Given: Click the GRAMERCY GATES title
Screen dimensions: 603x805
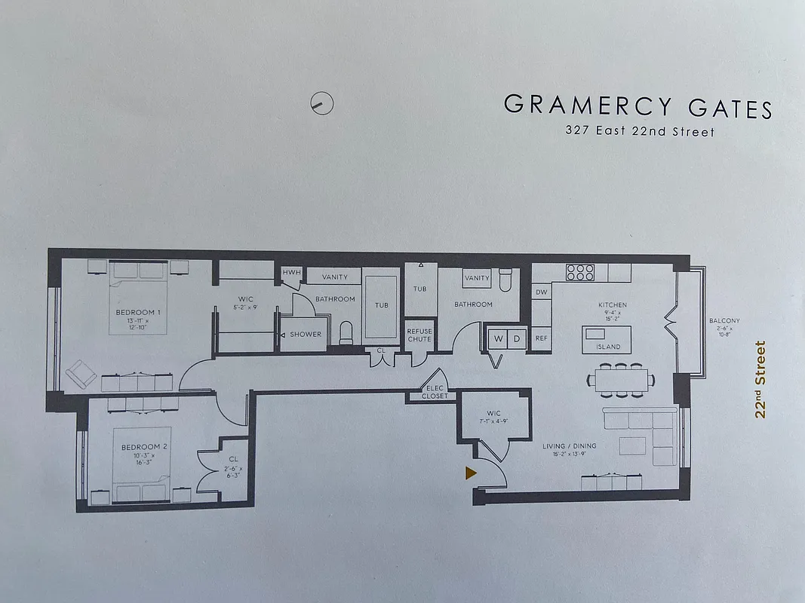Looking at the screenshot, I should coord(638,106).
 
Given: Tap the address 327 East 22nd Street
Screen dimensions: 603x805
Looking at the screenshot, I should coord(639,131).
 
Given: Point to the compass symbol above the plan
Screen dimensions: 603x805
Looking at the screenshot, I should coord(322,103).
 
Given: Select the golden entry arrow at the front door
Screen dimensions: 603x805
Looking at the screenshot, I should coord(471,473).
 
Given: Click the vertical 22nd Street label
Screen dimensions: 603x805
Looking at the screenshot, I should coord(760,379).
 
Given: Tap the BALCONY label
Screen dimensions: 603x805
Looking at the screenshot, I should coord(724,321).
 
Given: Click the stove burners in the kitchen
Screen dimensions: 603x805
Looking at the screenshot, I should coord(579,271).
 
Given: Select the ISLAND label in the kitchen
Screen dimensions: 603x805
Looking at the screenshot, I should coord(608,347).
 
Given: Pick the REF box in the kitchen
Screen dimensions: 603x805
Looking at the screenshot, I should coord(541,338).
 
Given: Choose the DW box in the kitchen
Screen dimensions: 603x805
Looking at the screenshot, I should coord(541,292).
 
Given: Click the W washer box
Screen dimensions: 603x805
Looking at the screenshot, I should coord(499,338).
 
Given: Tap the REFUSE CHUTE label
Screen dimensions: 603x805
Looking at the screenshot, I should coord(419,335).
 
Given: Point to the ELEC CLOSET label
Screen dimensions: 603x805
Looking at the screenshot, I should coord(435,392).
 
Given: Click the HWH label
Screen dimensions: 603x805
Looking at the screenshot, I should coord(290,272).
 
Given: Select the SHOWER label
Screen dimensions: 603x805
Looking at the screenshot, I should coord(306,334).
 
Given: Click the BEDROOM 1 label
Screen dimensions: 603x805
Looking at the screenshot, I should coord(137,312).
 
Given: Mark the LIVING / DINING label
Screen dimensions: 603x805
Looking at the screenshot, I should coord(569,446).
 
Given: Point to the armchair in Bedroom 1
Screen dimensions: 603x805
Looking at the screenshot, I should coord(78,373).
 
